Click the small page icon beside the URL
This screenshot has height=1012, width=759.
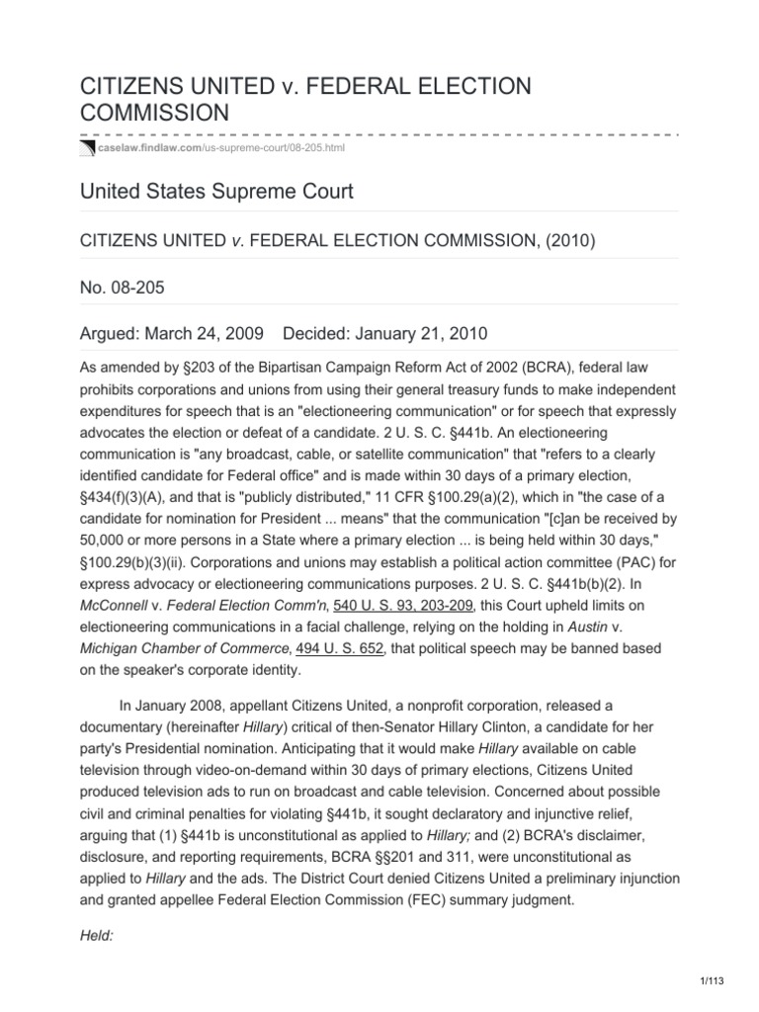[x=85, y=148]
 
